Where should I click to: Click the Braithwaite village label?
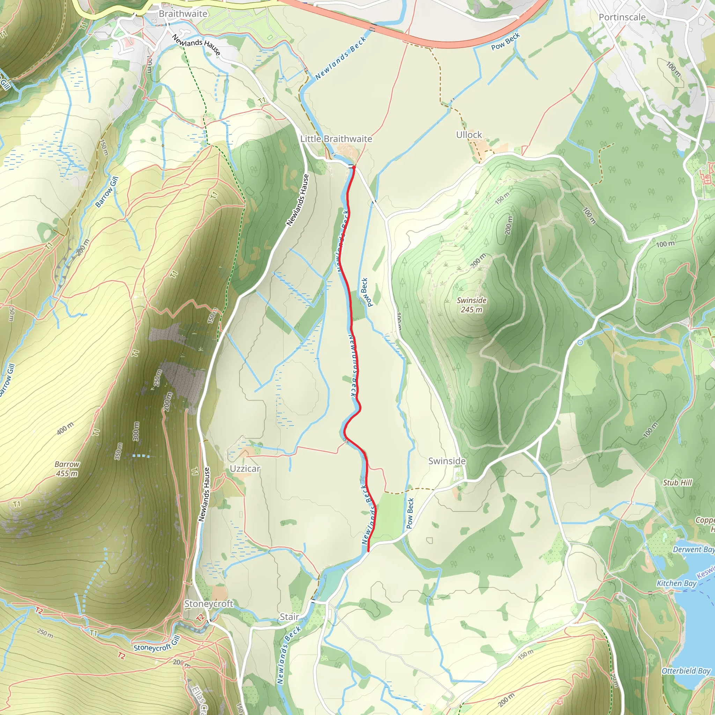pyautogui.click(x=183, y=14)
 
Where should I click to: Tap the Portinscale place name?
pyautogui.click(x=622, y=17)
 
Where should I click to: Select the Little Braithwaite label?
pyautogui.click(x=336, y=139)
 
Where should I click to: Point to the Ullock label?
pyautogui.click(x=469, y=135)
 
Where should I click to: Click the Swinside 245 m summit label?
pyautogui.click(x=471, y=305)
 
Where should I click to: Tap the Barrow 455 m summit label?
pyautogui.click(x=67, y=469)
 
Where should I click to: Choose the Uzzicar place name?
pyautogui.click(x=245, y=469)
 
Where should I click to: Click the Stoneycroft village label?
pyautogui.click(x=209, y=604)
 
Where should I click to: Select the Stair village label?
pyautogui.click(x=289, y=617)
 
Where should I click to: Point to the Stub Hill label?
pyautogui.click(x=677, y=482)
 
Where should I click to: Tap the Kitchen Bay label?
pyautogui.click(x=676, y=583)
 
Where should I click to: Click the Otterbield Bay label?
pyautogui.click(x=686, y=671)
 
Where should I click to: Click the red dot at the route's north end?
pyautogui.click(x=354, y=167)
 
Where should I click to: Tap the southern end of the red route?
pyautogui.click(x=368, y=551)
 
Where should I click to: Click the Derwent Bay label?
pyautogui.click(x=693, y=550)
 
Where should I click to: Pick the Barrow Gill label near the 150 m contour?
pyautogui.click(x=107, y=192)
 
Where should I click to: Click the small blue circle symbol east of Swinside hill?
pyautogui.click(x=580, y=343)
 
